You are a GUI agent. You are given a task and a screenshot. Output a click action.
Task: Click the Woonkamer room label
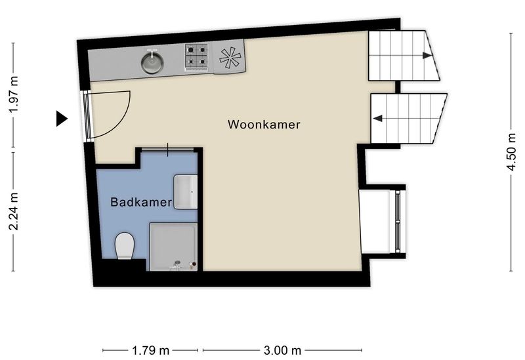click(x=264, y=125)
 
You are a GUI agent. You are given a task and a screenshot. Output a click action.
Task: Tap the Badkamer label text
click(x=141, y=202)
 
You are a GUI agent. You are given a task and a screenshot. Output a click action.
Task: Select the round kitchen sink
click(x=152, y=62)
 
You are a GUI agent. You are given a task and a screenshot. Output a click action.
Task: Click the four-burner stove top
click(x=196, y=57)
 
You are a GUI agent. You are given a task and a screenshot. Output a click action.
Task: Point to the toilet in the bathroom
click(x=125, y=246)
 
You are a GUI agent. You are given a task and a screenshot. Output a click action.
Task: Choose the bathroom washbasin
click(x=186, y=192)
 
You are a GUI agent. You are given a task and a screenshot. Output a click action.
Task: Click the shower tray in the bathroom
click(x=173, y=247)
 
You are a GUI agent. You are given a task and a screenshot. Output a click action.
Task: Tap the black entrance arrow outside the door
click(x=62, y=119)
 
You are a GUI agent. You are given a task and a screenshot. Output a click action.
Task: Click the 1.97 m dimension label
click(x=14, y=94)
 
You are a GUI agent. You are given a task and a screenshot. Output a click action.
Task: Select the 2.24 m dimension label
click(x=14, y=211)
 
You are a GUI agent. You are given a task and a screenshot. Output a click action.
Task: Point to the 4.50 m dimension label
click(x=511, y=151)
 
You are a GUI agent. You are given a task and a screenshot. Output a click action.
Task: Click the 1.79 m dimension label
click(x=150, y=351)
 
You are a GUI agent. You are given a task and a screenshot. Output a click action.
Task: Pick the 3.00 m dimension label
click(x=282, y=351)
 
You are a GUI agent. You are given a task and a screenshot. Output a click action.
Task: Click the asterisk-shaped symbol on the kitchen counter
click(x=230, y=56)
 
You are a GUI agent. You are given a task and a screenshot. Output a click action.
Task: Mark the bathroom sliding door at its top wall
click(x=167, y=150)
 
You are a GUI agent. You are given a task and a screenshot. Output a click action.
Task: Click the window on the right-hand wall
click(x=398, y=222)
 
